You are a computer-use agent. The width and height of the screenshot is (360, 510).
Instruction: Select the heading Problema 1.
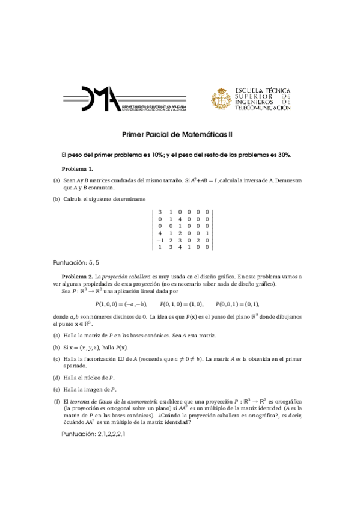(x=78, y=169)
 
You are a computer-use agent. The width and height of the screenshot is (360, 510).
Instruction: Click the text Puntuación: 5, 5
(x=76, y=262)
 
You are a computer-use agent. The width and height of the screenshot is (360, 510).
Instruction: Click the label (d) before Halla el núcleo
(x=57, y=378)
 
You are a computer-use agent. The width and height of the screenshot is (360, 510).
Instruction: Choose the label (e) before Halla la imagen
(x=57, y=390)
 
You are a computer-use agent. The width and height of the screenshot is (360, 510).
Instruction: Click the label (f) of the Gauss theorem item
(x=57, y=401)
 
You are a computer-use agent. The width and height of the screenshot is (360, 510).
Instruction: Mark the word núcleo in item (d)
(x=97, y=378)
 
